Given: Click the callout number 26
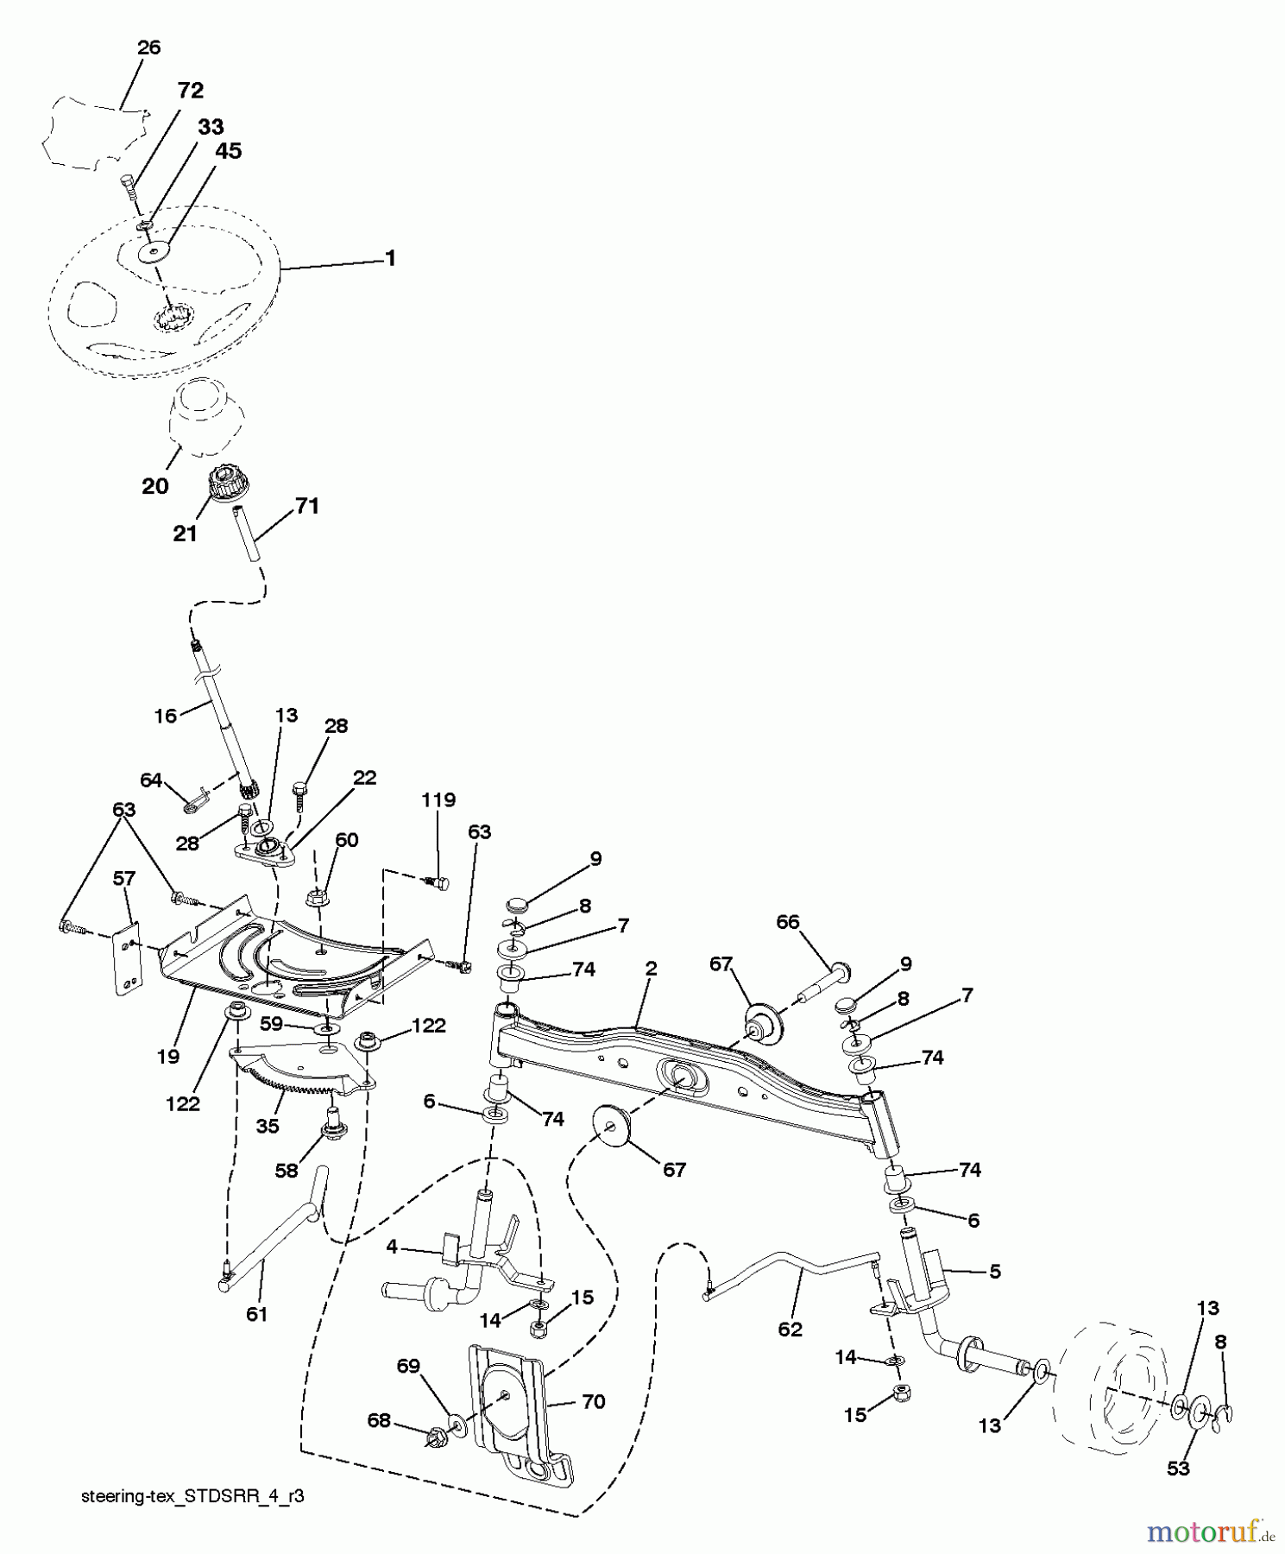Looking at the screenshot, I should tap(148, 47).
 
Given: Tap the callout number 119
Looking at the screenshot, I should tap(438, 799).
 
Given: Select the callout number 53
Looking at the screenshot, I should tap(1178, 1469).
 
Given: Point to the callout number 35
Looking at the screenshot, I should tap(268, 1126).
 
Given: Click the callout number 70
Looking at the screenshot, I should tap(593, 1402).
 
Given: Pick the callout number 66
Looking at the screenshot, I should tap(787, 922).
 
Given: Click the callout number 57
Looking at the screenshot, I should tap(124, 879).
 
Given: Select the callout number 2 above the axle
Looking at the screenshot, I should tap(651, 969).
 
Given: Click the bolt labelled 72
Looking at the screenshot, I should tap(129, 186).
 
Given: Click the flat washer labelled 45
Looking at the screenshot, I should tap(154, 253).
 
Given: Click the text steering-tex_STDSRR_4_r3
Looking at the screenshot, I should tap(192, 1498).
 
